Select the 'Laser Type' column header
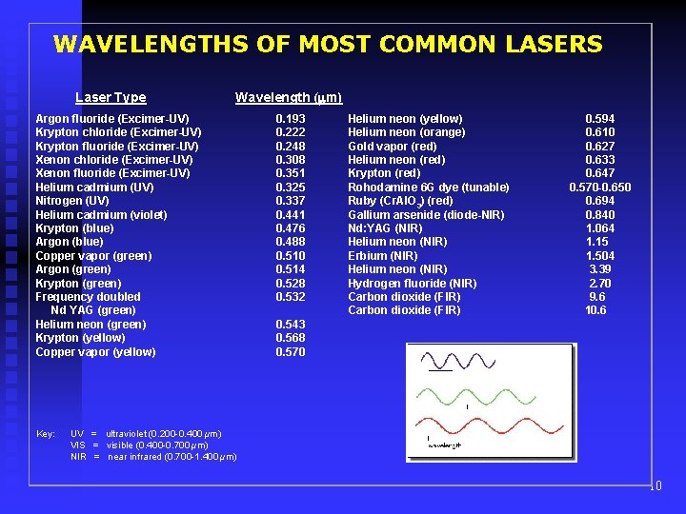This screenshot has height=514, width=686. coord(111,97)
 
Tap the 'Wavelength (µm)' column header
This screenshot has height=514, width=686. coord(288,97)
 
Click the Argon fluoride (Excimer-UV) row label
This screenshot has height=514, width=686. coord(111,119)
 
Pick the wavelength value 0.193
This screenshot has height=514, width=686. coord(291,119)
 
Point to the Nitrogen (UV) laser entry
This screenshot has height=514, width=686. coord(71,201)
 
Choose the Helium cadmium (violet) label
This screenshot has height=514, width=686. coord(101,215)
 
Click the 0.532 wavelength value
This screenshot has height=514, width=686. coord(291,297)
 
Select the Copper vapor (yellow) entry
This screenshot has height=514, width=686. coord(95,352)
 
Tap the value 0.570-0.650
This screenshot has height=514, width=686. coord(599,188)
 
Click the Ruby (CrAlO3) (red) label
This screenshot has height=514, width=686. coord(400,202)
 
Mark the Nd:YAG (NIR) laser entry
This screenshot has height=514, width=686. coord(383,228)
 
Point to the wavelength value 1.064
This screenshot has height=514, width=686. coord(600,228)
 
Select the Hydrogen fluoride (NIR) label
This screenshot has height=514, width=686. coord(412,284)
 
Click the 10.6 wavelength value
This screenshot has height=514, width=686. coord(596,310)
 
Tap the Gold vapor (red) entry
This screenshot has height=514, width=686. coord(392,147)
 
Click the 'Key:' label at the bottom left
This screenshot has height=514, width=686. coord(46,434)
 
